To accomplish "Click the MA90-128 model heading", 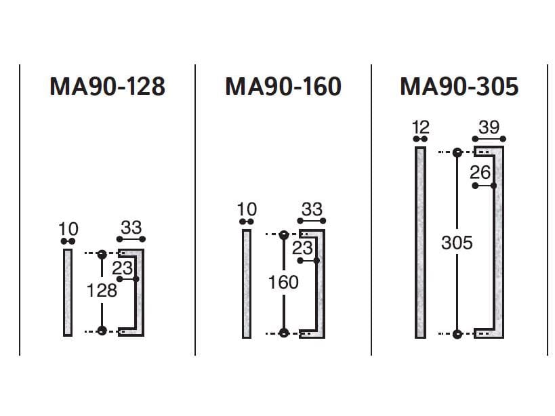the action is pos(107,86).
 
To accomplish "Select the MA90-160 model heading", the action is pos(283,86).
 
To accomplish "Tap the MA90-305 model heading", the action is pos(459,86).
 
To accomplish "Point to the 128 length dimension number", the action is pos(102,291).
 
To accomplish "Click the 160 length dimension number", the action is pos(283,283).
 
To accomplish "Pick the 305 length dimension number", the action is pos(457,243).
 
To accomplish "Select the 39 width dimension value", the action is pos(489,127).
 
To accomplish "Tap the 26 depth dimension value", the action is pos(480,173).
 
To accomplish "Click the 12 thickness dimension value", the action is pos(421,127).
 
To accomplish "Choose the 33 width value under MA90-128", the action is pos(131,228).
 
